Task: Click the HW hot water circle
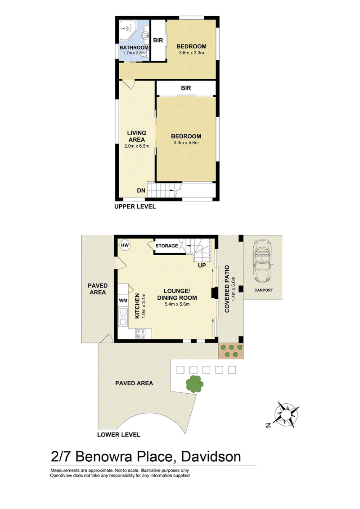point(125,245)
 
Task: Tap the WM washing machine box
point(123,300)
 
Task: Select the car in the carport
point(262,261)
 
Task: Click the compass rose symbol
point(286,415)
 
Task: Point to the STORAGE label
point(166,246)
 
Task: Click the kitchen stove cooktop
point(140,333)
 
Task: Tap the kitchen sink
point(123,317)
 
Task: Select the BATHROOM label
point(134,47)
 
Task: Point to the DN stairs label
point(141,190)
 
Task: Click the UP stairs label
point(202,265)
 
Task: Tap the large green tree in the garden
point(194,384)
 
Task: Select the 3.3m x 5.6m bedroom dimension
point(186,143)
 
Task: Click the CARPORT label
point(264,290)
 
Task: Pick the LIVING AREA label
point(137,136)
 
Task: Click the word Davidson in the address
point(211,456)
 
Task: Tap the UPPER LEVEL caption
point(135,207)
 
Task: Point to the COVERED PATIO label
point(227,289)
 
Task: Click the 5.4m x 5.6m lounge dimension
point(177,304)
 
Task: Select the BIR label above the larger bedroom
point(186,88)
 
